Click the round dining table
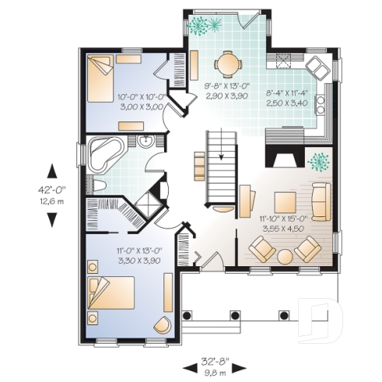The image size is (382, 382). click(228, 61)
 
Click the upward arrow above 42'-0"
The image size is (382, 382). click(51, 170)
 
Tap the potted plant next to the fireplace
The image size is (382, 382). click(318, 162)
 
